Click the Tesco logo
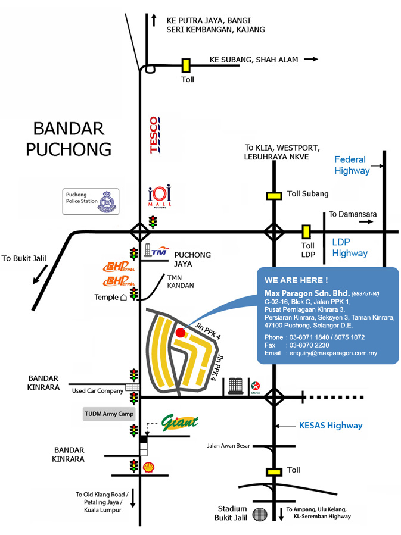(154, 136)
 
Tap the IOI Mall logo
(159, 196)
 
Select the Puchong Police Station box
(91, 201)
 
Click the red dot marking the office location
(180, 333)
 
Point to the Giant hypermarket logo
(179, 423)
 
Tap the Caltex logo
(256, 387)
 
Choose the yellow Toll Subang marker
(274, 195)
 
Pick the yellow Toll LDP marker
(306, 231)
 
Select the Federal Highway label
(352, 165)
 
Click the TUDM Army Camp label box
(110, 413)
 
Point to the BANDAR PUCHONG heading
(69, 138)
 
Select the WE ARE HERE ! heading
(296, 280)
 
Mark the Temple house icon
(124, 296)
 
